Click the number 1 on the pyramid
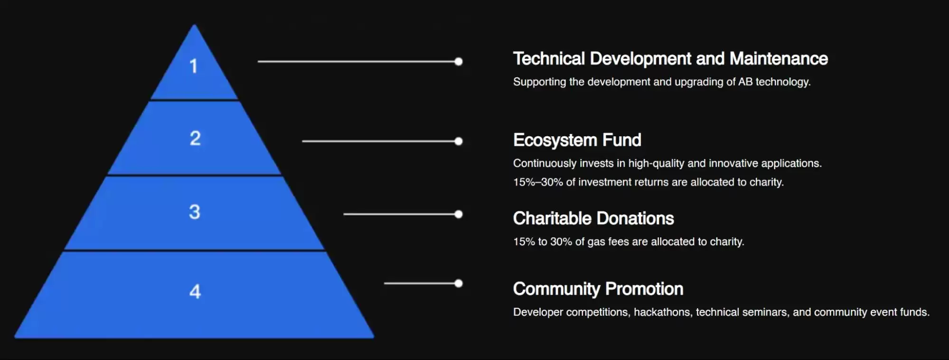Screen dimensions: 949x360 click(193, 66)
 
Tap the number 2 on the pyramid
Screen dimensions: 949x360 click(195, 138)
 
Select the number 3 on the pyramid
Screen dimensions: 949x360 click(195, 212)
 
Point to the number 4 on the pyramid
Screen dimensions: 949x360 click(195, 291)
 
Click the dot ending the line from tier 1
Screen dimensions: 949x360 click(458, 61)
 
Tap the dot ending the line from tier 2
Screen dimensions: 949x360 click(458, 141)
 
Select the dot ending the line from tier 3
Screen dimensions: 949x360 click(458, 214)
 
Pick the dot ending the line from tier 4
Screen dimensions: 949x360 click(458, 284)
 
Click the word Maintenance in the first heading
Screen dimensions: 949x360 click(779, 59)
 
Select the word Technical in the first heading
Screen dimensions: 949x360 click(549, 59)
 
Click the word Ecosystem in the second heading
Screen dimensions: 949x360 click(555, 141)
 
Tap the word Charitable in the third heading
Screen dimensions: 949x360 click(551, 218)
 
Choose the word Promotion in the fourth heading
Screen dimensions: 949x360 click(644, 289)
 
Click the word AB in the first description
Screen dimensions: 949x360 click(745, 82)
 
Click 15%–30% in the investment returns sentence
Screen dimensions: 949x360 click(538, 182)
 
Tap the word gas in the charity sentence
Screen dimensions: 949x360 click(596, 242)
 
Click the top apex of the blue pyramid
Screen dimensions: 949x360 click(194, 25)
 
